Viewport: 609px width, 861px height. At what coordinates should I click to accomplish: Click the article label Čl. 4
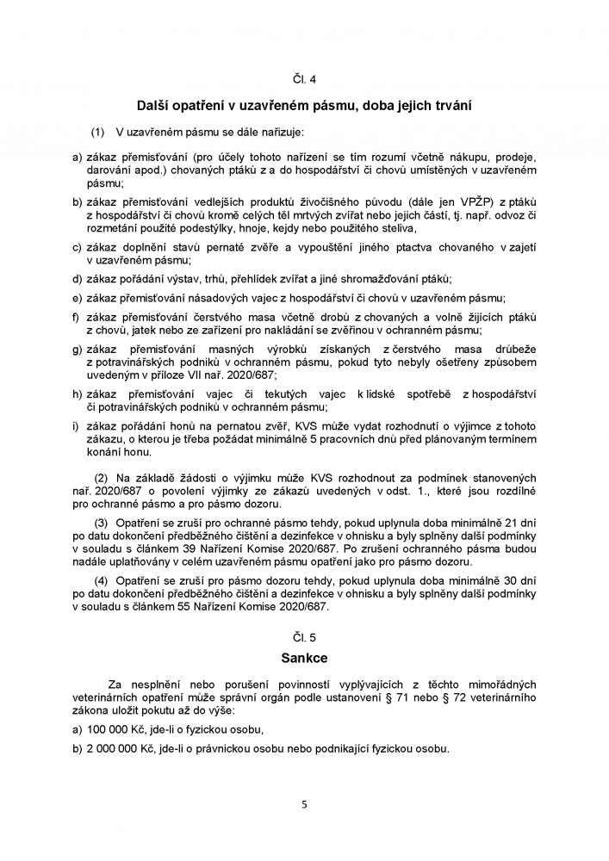click(x=304, y=81)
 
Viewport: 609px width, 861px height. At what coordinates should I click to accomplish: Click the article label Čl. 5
click(x=304, y=637)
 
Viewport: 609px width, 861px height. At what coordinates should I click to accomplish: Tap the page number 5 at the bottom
click(x=304, y=805)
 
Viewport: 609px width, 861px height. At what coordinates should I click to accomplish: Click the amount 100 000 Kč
click(x=117, y=729)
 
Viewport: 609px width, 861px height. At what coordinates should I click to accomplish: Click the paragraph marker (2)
click(x=100, y=476)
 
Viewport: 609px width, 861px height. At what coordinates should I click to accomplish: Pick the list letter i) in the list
click(x=75, y=425)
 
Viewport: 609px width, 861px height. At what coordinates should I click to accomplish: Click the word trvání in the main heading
click(x=449, y=105)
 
